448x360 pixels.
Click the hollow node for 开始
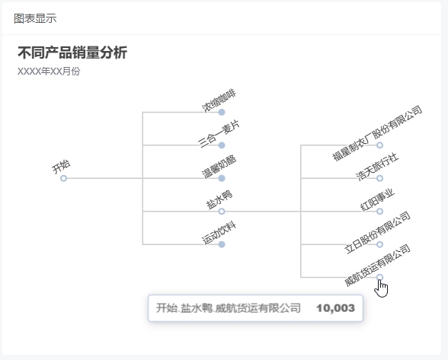pyautogui.click(x=63, y=178)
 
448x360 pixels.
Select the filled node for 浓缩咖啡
pyautogui.click(x=222, y=112)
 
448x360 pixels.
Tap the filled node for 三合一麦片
pyautogui.click(x=222, y=145)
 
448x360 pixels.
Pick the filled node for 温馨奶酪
pyautogui.click(x=222, y=178)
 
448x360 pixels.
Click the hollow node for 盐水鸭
pyautogui.click(x=222, y=212)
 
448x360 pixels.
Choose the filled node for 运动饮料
pyautogui.click(x=222, y=244)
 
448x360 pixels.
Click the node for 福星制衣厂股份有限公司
pyautogui.click(x=379, y=145)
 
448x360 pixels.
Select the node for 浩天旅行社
pyautogui.click(x=379, y=178)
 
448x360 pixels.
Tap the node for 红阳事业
pyautogui.click(x=379, y=212)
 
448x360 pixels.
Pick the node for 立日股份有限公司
pyautogui.click(x=379, y=244)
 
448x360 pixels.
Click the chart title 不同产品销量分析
pyautogui.click(x=72, y=53)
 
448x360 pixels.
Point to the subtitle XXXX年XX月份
pyautogui.click(x=49, y=72)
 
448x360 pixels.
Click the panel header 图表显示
pyautogui.click(x=35, y=18)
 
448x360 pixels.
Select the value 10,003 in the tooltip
pyautogui.click(x=336, y=308)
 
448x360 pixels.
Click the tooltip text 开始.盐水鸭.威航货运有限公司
pyautogui.click(x=229, y=308)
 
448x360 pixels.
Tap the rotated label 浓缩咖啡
pyautogui.click(x=219, y=100)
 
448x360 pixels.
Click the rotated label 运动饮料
pyautogui.click(x=219, y=233)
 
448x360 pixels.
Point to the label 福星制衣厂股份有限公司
pyautogui.click(x=377, y=133)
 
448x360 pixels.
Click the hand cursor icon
pyautogui.click(x=381, y=288)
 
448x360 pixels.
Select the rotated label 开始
pyautogui.click(x=61, y=167)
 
